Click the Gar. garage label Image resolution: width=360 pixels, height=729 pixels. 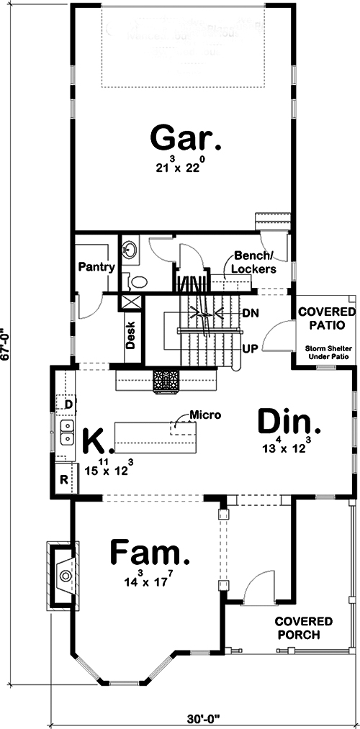(184, 137)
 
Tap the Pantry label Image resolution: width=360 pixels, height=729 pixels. (97, 267)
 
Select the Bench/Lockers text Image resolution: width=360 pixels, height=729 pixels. (253, 263)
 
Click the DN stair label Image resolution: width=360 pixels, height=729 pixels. (251, 314)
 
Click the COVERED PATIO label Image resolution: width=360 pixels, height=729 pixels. (327, 318)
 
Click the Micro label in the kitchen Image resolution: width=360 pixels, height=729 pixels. (204, 415)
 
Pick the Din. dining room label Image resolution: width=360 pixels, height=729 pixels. (289, 422)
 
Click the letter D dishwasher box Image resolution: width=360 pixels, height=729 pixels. (68, 405)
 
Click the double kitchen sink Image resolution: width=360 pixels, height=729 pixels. (67, 432)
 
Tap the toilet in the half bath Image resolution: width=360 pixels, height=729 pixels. (137, 281)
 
